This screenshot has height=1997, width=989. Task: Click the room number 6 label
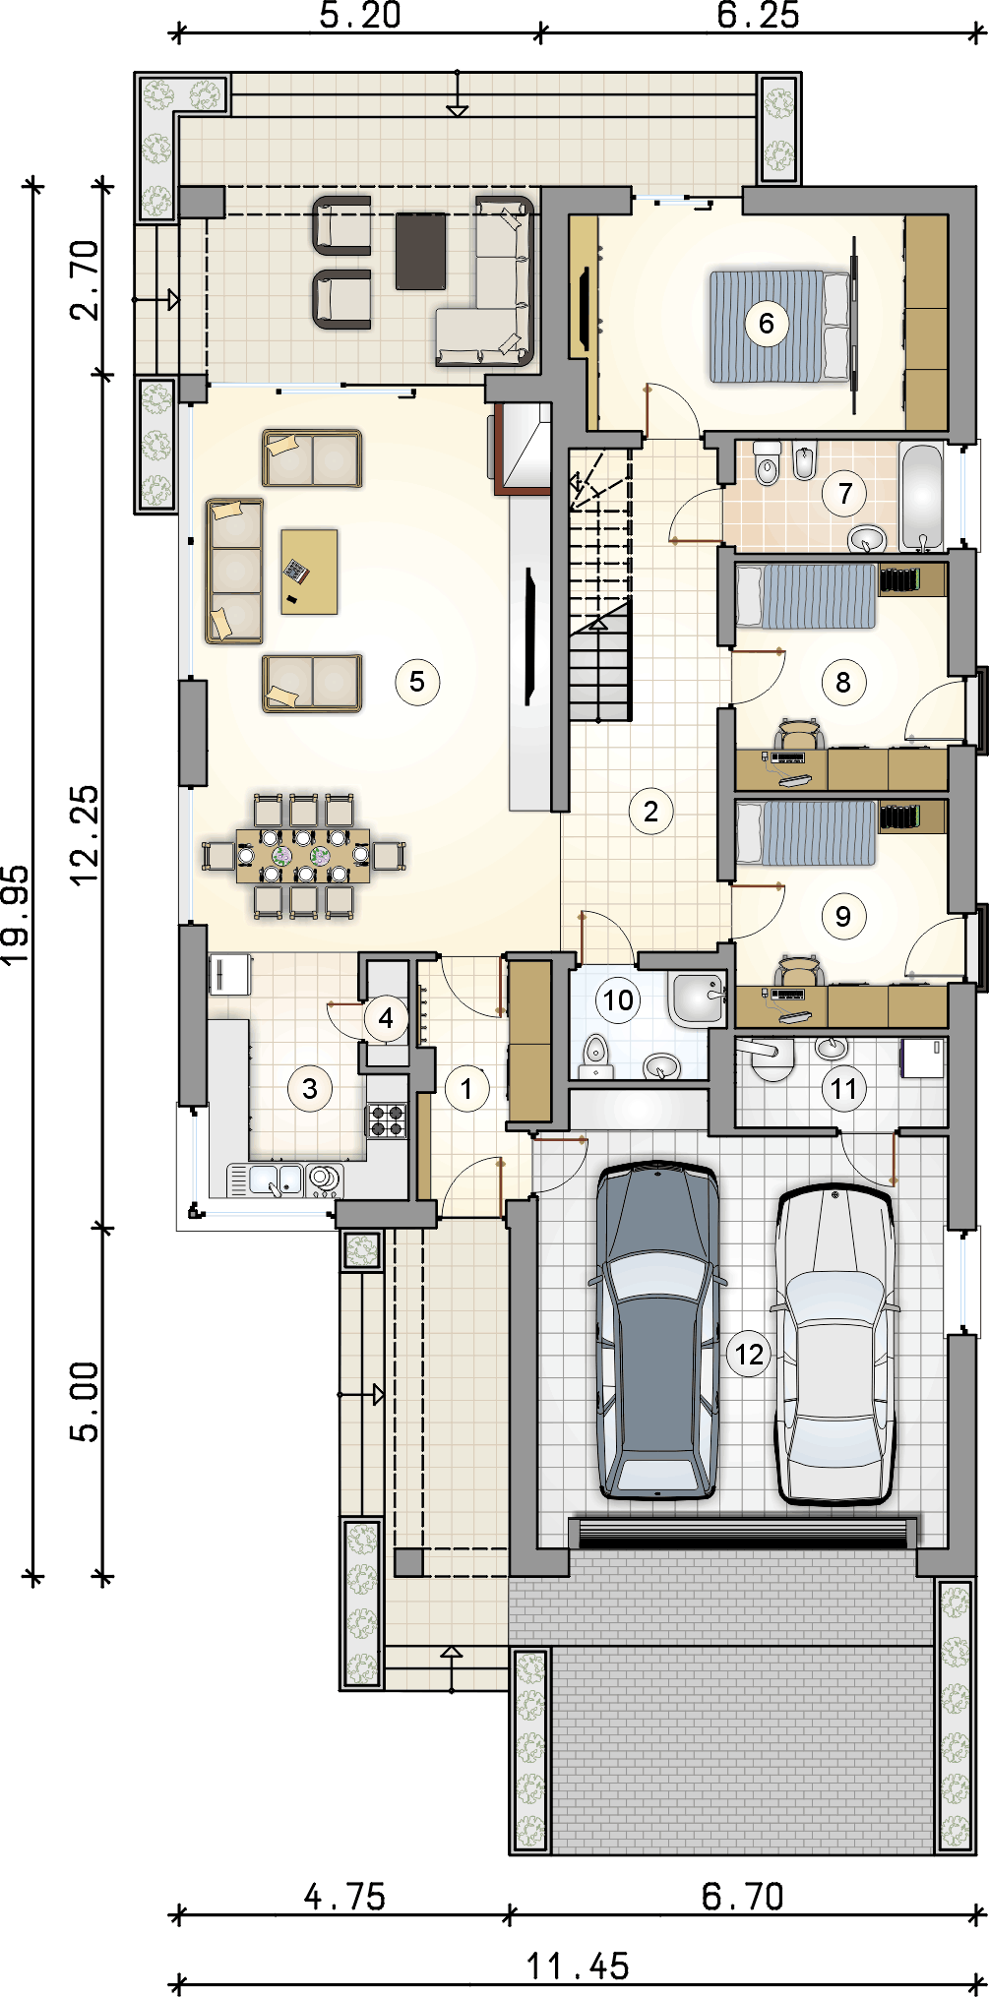(x=767, y=323)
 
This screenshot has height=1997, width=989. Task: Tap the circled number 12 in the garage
(x=749, y=1355)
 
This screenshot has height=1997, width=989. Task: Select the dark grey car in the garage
(x=657, y=1330)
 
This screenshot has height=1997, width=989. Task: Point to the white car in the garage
(x=835, y=1344)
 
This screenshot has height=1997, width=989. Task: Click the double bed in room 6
(x=780, y=327)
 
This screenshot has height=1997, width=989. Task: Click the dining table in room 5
(x=303, y=856)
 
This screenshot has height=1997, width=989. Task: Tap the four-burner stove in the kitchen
(x=387, y=1120)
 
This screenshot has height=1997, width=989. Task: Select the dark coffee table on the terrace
(x=420, y=251)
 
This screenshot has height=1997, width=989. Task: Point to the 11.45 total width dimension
(x=578, y=1967)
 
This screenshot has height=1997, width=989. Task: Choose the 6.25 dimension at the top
(x=758, y=15)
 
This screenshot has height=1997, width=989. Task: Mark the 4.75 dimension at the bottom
(x=344, y=1896)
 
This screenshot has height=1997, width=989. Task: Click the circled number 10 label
(x=618, y=1000)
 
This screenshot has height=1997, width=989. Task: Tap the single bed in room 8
(x=806, y=595)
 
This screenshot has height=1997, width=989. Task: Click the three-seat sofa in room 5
(x=234, y=571)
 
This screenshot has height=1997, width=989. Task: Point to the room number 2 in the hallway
(x=650, y=812)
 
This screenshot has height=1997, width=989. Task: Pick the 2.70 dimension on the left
(x=85, y=280)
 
